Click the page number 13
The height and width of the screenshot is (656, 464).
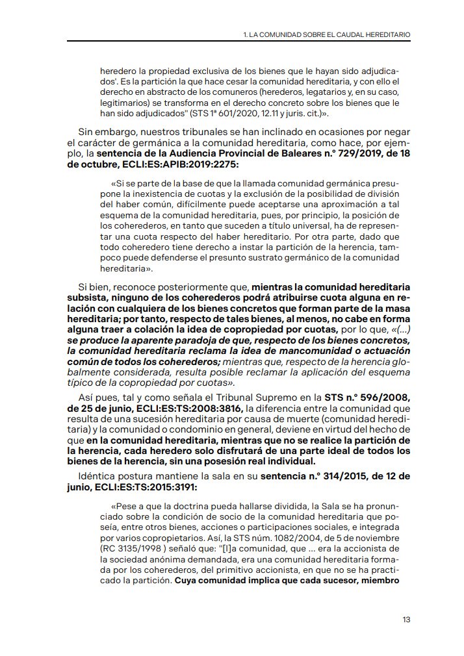406,619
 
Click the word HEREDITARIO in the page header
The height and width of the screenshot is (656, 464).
388,33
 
